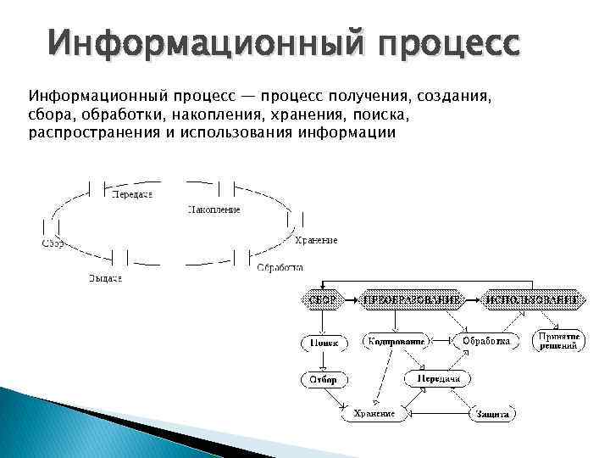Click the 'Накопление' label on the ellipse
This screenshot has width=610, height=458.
point(213,209)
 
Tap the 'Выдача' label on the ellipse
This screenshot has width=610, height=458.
point(105,279)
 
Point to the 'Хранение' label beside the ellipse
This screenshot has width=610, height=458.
point(318,240)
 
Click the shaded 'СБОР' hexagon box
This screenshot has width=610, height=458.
point(323,299)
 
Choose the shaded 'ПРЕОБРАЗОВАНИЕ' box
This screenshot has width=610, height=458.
point(413,299)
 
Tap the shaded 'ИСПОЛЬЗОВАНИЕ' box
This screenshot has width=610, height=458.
point(533,299)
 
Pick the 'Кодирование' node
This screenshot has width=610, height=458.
point(395,341)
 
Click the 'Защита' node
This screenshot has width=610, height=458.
point(492,414)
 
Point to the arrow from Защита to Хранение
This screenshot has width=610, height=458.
point(439,414)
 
